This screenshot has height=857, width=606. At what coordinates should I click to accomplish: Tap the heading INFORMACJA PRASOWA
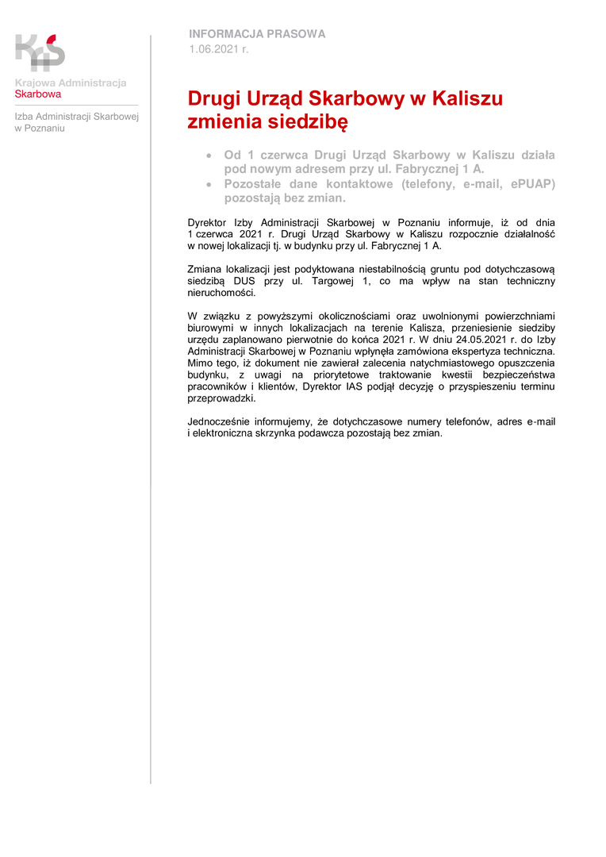pyautogui.click(x=257, y=34)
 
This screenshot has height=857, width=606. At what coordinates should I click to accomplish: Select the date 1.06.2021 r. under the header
pyautogui.click(x=219, y=49)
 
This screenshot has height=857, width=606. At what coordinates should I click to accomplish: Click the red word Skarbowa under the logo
pyautogui.click(x=38, y=94)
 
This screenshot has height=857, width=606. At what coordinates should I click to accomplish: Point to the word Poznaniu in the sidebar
pyautogui.click(x=44, y=128)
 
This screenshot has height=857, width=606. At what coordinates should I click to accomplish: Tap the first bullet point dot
pyautogui.click(x=209, y=156)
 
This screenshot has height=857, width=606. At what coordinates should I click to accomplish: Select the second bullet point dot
pyautogui.click(x=209, y=184)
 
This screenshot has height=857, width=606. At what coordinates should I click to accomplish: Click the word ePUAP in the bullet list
pyautogui.click(x=531, y=184)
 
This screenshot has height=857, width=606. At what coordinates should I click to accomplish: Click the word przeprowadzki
pyautogui.click(x=221, y=398)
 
